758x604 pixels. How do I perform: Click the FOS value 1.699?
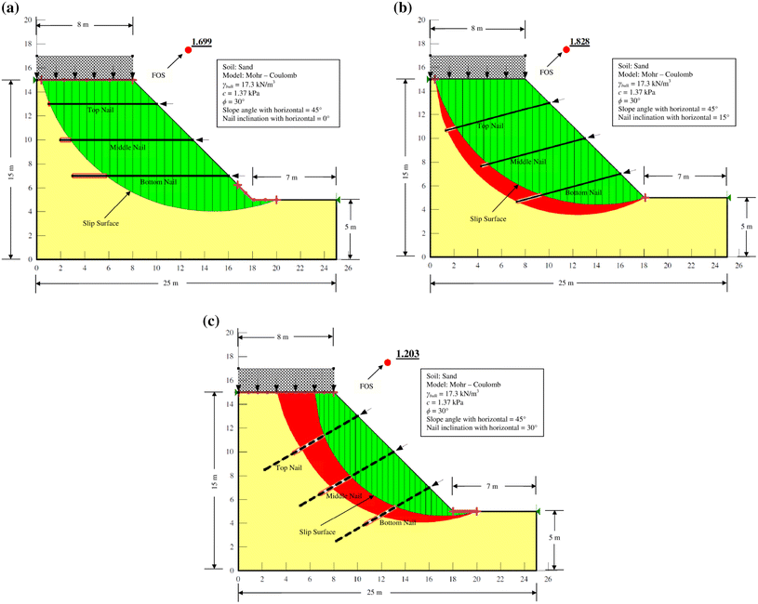click(x=203, y=43)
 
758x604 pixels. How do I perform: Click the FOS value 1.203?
click(x=408, y=355)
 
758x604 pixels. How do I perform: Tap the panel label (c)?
click(x=212, y=322)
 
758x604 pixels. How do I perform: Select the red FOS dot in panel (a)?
click(x=188, y=50)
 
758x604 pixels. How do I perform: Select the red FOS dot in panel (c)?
click(x=388, y=362)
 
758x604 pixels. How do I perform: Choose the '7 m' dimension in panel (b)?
click(x=684, y=176)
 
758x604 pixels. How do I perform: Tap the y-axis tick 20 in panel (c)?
click(x=227, y=334)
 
